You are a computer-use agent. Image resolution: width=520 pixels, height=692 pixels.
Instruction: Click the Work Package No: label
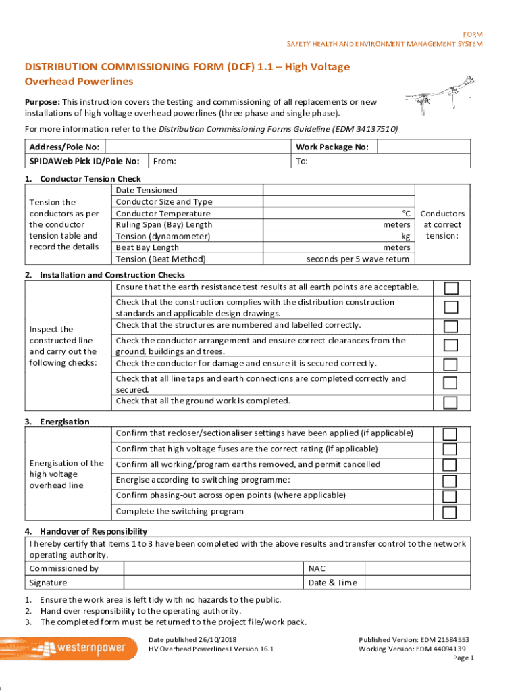[x=332, y=147]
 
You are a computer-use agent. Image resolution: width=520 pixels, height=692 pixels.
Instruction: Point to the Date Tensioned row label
[x=147, y=191]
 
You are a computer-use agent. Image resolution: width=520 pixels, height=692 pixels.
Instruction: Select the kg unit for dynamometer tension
[x=405, y=237]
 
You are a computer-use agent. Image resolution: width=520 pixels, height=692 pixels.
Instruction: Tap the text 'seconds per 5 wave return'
[x=357, y=259]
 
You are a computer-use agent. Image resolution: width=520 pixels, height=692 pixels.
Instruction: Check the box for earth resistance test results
[x=450, y=289]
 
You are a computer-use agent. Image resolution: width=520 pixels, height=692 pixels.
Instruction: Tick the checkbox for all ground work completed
[x=450, y=403]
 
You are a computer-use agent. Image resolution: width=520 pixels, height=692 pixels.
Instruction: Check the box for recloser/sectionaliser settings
[x=450, y=434]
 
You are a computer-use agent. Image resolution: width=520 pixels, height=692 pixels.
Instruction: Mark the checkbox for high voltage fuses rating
[x=450, y=449]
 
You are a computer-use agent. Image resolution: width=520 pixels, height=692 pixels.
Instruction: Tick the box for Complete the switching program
[x=450, y=512]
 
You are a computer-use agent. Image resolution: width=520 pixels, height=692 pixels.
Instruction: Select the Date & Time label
[x=332, y=583]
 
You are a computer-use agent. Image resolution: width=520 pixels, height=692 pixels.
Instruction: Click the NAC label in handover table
[x=317, y=568]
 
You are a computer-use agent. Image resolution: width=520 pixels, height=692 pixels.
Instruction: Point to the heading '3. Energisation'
[x=57, y=422]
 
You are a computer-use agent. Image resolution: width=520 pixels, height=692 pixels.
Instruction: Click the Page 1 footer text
[x=463, y=658]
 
